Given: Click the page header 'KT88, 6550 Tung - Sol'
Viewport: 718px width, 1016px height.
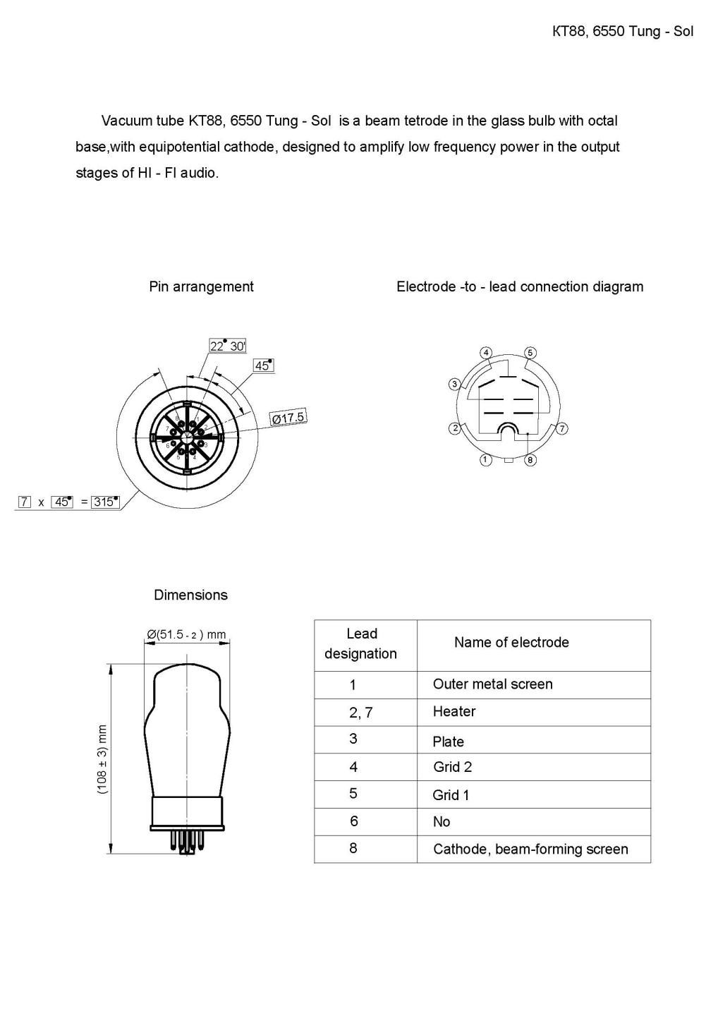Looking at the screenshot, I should tap(623, 31).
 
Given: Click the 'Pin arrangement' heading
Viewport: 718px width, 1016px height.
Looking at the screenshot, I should tap(201, 286).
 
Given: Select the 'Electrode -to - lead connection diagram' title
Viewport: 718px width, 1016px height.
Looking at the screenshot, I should tap(520, 286).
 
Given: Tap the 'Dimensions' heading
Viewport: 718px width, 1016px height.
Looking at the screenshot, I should tap(190, 595).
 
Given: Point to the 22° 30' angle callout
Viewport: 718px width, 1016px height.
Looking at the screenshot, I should tap(227, 346).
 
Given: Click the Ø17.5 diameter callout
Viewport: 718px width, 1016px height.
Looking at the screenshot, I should tap(288, 418).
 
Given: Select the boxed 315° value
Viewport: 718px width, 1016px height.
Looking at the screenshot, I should tap(105, 502).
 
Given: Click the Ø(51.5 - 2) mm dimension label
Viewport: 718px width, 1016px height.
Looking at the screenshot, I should tap(186, 634).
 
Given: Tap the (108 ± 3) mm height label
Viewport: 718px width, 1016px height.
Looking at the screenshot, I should tap(103, 759).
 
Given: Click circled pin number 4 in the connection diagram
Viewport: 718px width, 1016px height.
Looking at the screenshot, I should tap(486, 353).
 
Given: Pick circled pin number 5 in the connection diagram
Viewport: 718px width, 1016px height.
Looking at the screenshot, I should tap(530, 353).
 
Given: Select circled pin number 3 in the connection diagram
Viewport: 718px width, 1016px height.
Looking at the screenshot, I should tap(455, 384).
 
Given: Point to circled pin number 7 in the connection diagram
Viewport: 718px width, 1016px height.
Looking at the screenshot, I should tap(562, 428).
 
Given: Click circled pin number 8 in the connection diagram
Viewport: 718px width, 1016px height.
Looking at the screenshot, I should tap(530, 460).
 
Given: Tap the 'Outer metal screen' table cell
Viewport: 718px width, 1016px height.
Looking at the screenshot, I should tap(492, 684).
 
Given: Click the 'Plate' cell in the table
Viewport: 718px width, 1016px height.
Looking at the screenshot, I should tap(448, 742).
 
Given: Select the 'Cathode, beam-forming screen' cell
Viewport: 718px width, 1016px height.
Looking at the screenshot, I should tap(530, 849).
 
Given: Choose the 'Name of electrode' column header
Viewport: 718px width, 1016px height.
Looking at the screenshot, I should tap(511, 643).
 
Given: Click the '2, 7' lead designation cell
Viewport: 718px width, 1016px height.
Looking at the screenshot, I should tap(360, 713).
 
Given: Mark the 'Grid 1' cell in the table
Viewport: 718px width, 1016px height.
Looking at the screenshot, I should tap(451, 795).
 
